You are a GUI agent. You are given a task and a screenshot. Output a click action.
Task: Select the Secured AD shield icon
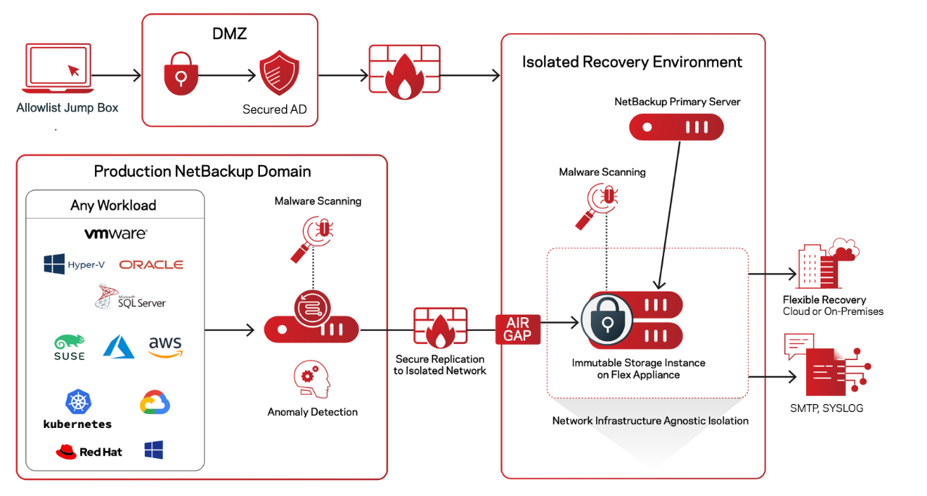(279, 74)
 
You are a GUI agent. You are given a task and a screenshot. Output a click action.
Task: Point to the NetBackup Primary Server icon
(676, 127)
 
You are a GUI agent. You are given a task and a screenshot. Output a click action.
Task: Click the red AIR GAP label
(518, 329)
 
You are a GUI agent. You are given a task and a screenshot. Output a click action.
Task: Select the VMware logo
(116, 234)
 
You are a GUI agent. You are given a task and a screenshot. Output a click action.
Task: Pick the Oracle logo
(151, 265)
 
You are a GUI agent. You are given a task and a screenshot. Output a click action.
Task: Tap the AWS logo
(166, 346)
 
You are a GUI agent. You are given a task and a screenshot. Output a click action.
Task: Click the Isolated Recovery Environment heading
(632, 62)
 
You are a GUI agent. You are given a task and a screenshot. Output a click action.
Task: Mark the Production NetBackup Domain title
(202, 172)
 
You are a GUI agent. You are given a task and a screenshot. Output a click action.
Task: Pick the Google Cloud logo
(154, 403)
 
